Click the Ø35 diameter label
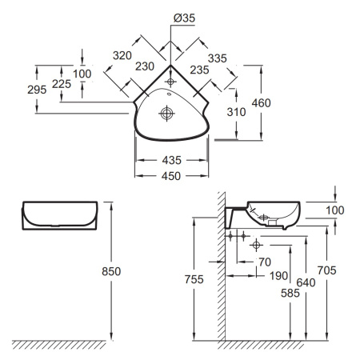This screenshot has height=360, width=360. (184, 18)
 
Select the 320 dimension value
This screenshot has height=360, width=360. (122, 55)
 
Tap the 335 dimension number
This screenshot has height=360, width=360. (218, 58)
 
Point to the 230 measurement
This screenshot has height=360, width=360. (145, 66)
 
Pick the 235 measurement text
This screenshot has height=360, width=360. (199, 70)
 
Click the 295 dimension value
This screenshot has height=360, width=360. (37, 90)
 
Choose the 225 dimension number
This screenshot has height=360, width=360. (62, 84)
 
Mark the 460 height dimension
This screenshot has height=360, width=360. (262, 103)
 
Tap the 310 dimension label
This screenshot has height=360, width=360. (236, 112)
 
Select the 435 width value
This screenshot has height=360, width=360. (172, 160)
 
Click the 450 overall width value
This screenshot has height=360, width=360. (171, 176)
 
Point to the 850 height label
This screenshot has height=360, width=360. (111, 271)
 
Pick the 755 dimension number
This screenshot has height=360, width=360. (194, 279)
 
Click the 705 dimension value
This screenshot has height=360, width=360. (326, 270)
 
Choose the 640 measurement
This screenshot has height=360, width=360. (306, 282)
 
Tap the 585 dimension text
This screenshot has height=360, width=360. (290, 294)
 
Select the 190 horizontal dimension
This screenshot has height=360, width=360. (278, 276)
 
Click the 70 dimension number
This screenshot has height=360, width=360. (265, 262)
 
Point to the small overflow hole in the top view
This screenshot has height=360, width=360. (169, 94)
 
